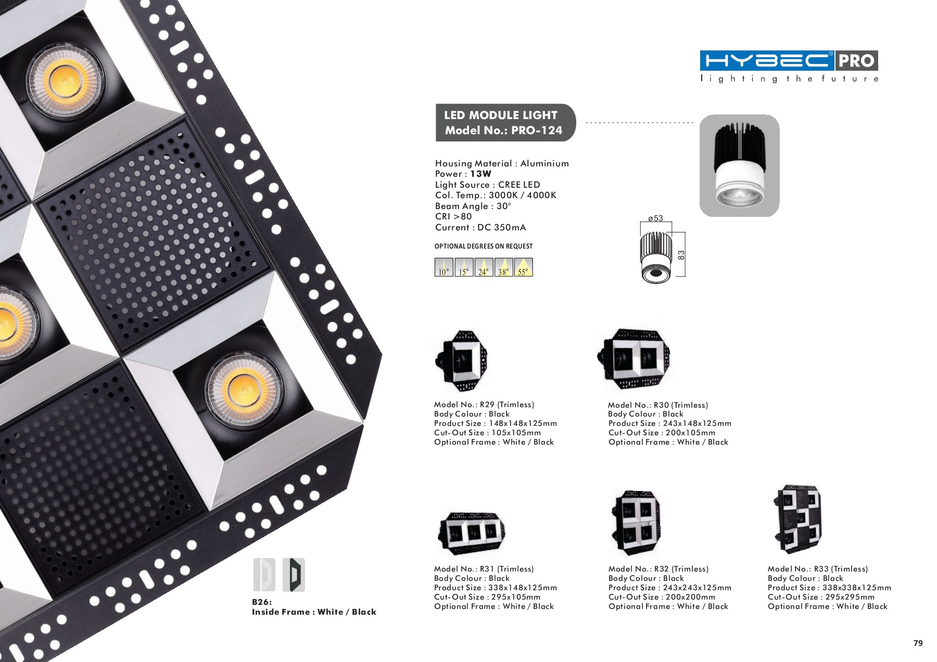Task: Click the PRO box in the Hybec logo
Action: coord(856,61)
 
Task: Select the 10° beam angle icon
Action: coord(444,267)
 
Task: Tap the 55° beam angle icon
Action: coord(524,267)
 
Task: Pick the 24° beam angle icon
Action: coord(484,267)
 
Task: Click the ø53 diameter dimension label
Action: coord(655,218)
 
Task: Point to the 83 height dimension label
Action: coord(681,255)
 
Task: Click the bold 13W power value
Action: coord(480,174)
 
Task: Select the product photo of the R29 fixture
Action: coord(461,360)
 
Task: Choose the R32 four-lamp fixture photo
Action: coord(635,523)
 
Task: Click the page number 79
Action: coord(918,643)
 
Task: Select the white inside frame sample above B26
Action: coord(264,575)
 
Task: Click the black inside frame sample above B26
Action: coord(294,575)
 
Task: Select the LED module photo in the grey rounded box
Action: coord(739,165)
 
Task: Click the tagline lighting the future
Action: coord(789,79)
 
